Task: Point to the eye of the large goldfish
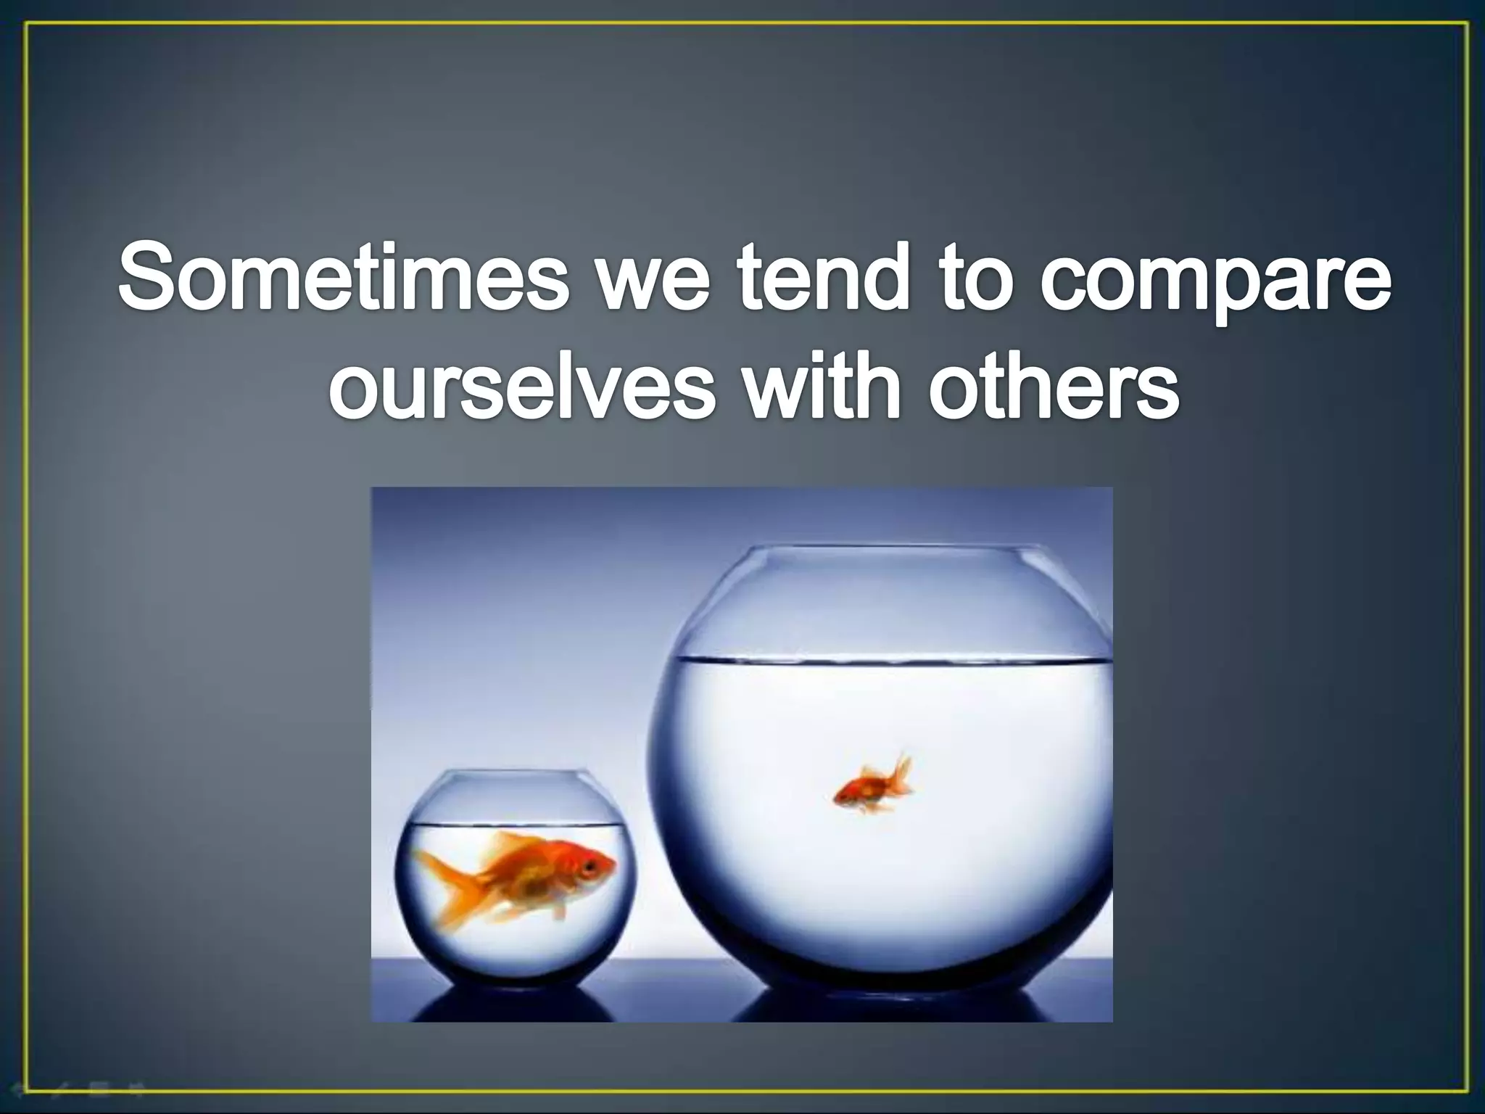(590, 866)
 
